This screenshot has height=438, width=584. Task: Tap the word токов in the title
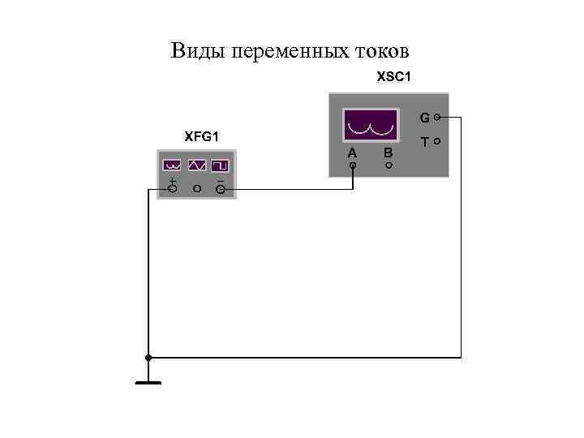[383, 51]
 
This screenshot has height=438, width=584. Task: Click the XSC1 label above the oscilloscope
[395, 78]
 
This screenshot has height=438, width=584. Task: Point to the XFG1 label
[202, 136]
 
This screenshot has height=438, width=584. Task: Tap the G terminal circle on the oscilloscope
[437, 118]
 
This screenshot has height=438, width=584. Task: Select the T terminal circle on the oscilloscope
[437, 141]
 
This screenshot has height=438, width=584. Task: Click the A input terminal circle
[353, 165]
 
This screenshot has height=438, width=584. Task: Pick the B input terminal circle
[389, 165]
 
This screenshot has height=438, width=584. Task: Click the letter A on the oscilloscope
[352, 152]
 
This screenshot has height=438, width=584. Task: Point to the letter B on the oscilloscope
[389, 152]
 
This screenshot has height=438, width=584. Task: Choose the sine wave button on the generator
[172, 165]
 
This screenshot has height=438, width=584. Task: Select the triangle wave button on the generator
[196, 165]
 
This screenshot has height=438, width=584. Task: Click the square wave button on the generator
[220, 165]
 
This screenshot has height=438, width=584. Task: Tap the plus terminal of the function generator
[172, 189]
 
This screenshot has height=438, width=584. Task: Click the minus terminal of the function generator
[220, 190]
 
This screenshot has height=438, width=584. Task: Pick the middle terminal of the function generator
[196, 189]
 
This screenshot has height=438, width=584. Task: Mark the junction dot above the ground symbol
[148, 357]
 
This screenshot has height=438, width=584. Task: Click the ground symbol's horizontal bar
[148, 382]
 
